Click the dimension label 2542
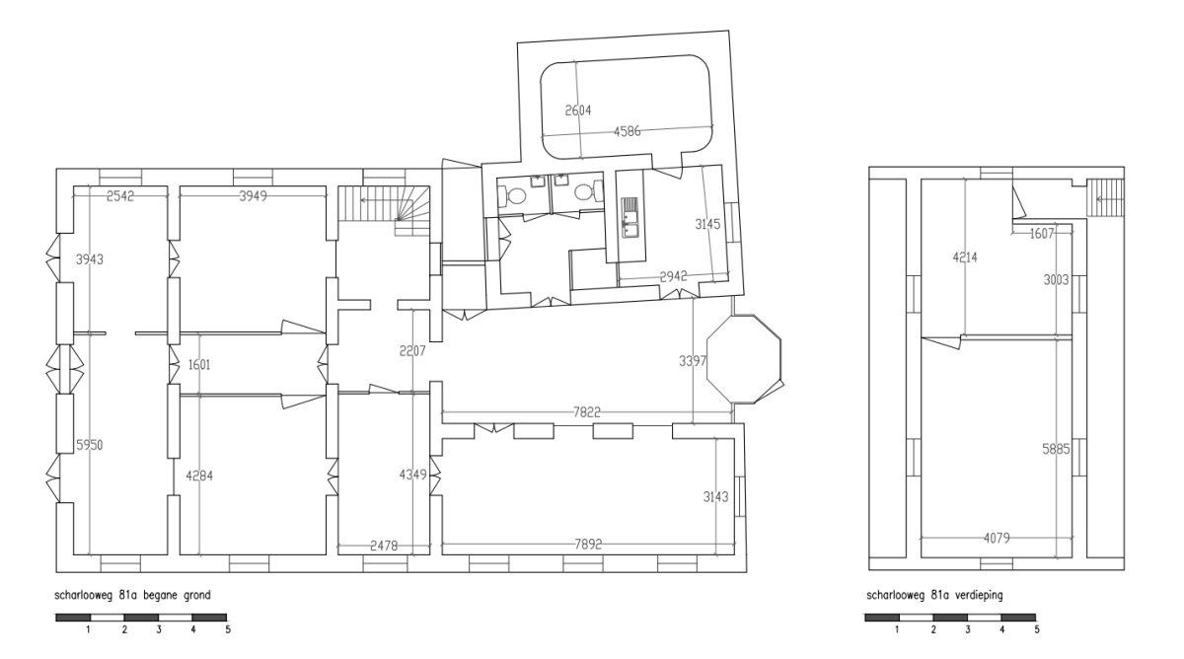coord(120,196)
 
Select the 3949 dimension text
coord(253,196)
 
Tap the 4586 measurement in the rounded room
coord(627,131)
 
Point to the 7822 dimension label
coord(587,412)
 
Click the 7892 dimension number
coord(588,545)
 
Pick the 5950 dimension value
coord(90,445)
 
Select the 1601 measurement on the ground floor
coord(199,365)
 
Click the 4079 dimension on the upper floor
coord(997,538)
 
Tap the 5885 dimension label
coord(1056,449)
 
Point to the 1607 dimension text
coord(1042,234)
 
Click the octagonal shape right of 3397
coord(744,359)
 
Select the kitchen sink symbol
coord(629,217)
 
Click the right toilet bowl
coord(587,191)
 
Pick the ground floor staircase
coord(384,210)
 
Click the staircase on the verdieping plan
coord(1105,197)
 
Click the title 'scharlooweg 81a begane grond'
coord(132,595)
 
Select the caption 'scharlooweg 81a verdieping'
coord(934,595)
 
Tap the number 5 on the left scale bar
coord(228,629)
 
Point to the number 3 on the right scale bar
coord(968,629)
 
